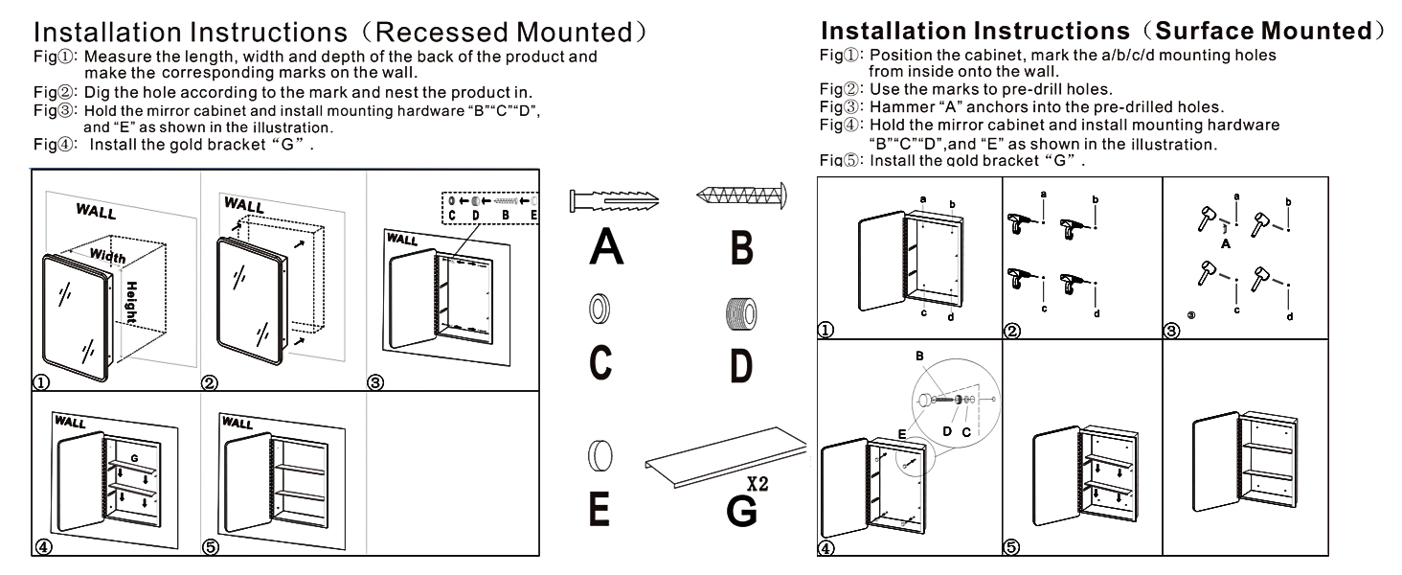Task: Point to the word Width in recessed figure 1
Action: point(107,256)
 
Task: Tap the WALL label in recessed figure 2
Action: point(243,205)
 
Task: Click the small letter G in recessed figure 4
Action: point(135,458)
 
